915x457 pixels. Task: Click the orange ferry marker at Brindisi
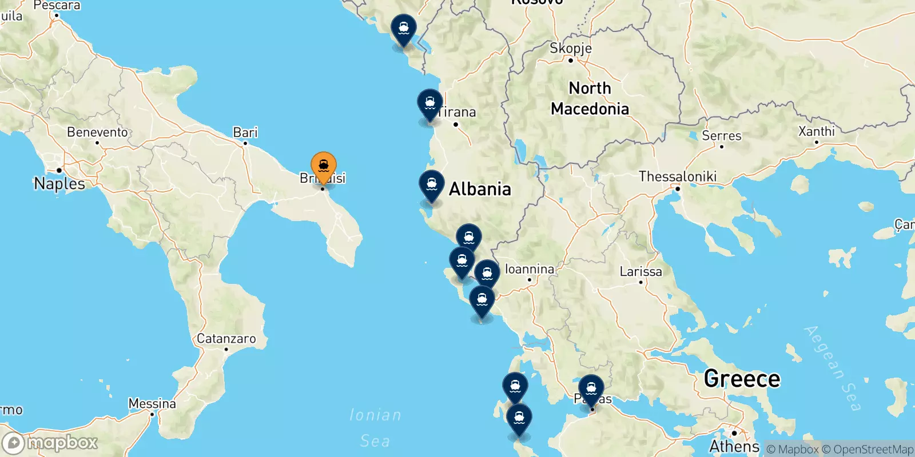click(323, 166)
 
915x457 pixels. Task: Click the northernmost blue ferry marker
click(403, 29)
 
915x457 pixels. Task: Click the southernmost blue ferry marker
click(519, 419)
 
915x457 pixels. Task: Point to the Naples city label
click(59, 183)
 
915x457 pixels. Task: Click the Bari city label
click(245, 133)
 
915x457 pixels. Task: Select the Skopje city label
click(570, 49)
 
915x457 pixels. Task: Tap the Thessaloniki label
click(677, 177)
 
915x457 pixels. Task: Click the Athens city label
click(734, 446)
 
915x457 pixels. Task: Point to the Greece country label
click(742, 379)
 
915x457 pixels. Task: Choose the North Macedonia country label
click(590, 98)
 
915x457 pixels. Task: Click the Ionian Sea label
click(375, 427)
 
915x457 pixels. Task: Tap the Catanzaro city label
click(226, 339)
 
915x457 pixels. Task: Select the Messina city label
click(152, 404)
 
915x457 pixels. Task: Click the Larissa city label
click(640, 272)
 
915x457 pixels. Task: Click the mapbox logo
click(50, 443)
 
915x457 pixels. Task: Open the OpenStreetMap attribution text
click(868, 450)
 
